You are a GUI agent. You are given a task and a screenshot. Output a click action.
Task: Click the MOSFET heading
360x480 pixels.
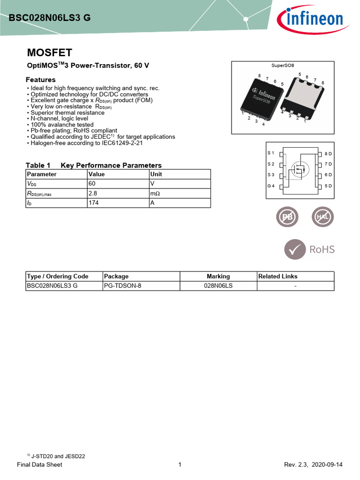[x=49, y=52]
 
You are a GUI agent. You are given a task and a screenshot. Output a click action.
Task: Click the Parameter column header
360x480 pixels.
[x=42, y=174]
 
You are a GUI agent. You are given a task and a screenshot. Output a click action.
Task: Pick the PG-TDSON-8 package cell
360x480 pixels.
[x=122, y=286]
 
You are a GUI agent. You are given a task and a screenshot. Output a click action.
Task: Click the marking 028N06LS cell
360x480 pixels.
[x=218, y=286]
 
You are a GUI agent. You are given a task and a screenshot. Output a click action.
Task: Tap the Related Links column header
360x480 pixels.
[x=278, y=276]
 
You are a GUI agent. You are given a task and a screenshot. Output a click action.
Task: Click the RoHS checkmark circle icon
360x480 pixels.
[x=294, y=249]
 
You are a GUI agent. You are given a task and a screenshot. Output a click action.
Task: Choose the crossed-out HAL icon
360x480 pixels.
[x=322, y=217]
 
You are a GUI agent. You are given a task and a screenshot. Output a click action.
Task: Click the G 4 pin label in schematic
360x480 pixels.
[x=270, y=186]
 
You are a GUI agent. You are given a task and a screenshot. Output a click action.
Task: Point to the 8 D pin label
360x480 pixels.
[x=328, y=154]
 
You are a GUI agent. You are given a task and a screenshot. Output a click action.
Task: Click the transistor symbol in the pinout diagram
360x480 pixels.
[x=299, y=169]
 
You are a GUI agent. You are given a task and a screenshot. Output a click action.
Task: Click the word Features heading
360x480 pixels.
[x=41, y=80]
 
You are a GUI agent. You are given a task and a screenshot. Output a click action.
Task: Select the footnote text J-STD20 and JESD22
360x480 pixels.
[x=58, y=456]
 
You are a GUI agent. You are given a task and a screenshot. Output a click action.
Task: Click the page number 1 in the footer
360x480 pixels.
[x=180, y=465]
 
